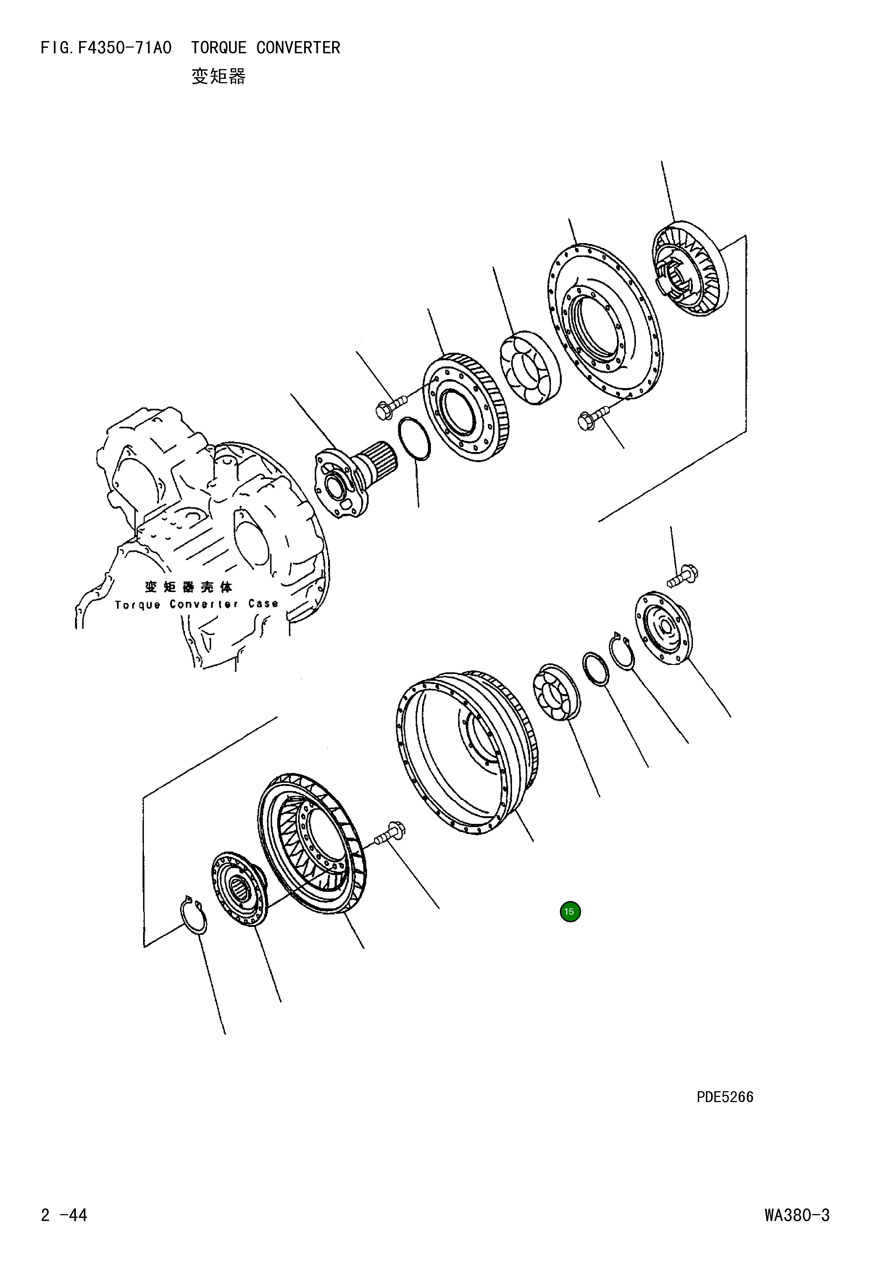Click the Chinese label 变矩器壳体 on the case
pos(189,587)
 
